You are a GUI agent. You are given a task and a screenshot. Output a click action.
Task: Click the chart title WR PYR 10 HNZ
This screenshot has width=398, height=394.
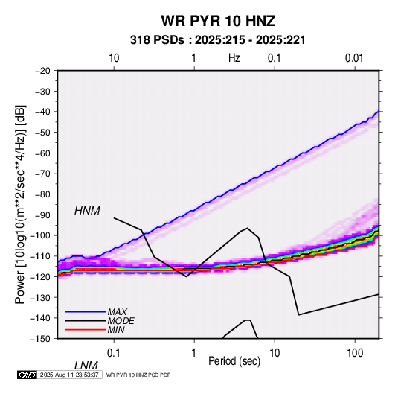(218, 21)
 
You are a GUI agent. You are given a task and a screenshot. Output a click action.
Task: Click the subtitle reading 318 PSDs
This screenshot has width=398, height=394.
(157, 40)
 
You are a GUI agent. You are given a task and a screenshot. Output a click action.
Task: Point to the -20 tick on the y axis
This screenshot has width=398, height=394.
(43, 71)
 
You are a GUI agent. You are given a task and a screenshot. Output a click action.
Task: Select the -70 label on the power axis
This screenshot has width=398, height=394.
(43, 174)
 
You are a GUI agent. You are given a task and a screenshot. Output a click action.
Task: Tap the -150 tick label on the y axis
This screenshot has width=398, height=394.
(41, 339)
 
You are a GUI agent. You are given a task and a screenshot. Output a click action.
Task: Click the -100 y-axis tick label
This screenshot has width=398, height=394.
(41, 235)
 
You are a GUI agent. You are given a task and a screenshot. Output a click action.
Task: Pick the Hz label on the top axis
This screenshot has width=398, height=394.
(234, 58)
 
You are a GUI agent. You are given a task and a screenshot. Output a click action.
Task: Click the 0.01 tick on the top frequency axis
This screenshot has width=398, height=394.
(354, 58)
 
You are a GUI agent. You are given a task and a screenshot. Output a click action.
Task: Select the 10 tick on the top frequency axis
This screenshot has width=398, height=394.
(114, 58)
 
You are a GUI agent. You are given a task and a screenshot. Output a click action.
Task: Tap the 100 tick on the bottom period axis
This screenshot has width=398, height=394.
(354, 353)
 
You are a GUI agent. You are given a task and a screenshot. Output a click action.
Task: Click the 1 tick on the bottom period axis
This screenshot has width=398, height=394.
(193, 353)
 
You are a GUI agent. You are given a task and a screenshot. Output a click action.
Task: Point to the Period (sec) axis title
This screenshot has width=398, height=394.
(234, 361)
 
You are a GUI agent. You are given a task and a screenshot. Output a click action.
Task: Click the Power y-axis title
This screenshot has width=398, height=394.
(20, 204)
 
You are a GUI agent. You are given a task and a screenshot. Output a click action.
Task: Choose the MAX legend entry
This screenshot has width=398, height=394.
(117, 311)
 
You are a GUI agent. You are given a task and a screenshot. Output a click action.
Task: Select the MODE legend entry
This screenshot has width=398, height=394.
(121, 321)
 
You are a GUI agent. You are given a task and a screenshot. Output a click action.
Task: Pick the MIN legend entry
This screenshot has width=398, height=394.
(116, 330)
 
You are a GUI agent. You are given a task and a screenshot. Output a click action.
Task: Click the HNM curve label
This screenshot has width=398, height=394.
(87, 211)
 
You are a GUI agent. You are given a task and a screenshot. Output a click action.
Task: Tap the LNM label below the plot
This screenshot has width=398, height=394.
(86, 366)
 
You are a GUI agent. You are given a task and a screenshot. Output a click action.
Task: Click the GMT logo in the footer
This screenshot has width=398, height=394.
(27, 375)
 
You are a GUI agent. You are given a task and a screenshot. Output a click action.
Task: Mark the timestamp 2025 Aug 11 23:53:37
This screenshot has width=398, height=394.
(69, 375)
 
